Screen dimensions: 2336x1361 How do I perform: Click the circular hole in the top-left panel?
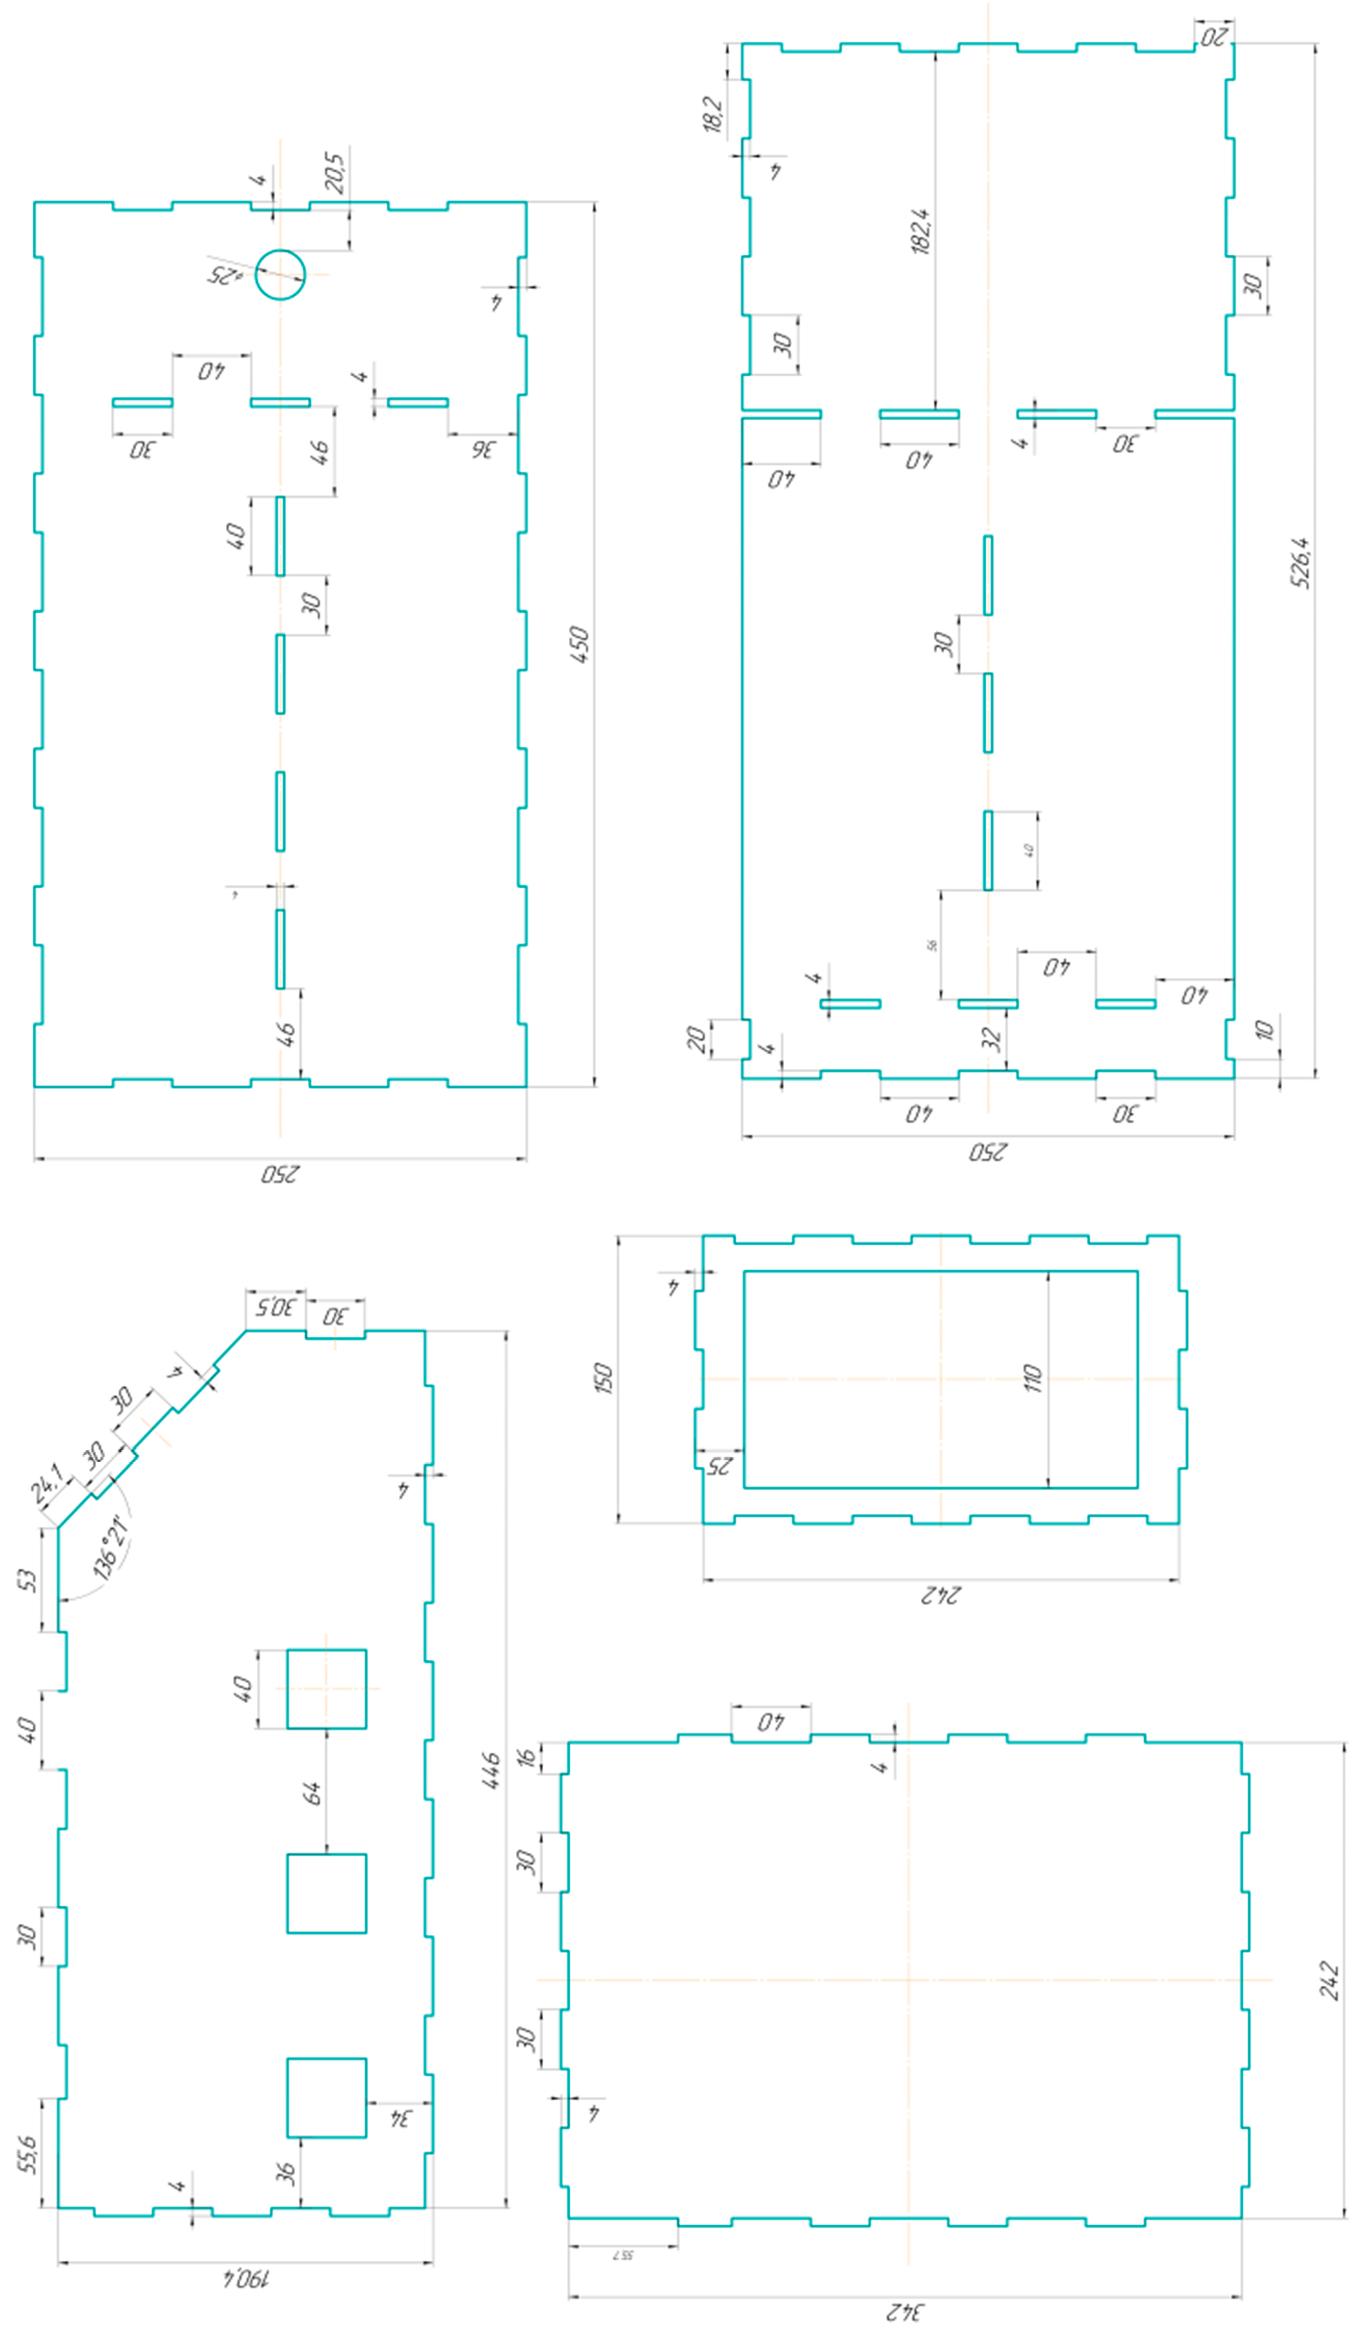tap(280, 275)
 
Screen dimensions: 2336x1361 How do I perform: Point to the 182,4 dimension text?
tap(921, 231)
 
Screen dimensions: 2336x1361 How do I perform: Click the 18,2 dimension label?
tap(713, 114)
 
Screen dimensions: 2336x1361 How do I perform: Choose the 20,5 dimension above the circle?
tap(335, 173)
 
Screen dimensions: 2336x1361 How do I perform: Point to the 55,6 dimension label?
tap(28, 2154)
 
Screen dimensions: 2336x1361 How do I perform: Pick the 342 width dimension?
tap(905, 2312)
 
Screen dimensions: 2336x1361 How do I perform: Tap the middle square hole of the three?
tap(326, 1893)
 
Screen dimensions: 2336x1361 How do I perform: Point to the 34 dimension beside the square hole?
tap(400, 2118)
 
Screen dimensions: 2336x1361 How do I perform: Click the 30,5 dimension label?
tap(275, 1307)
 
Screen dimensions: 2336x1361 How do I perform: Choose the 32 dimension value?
tap(992, 1038)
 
